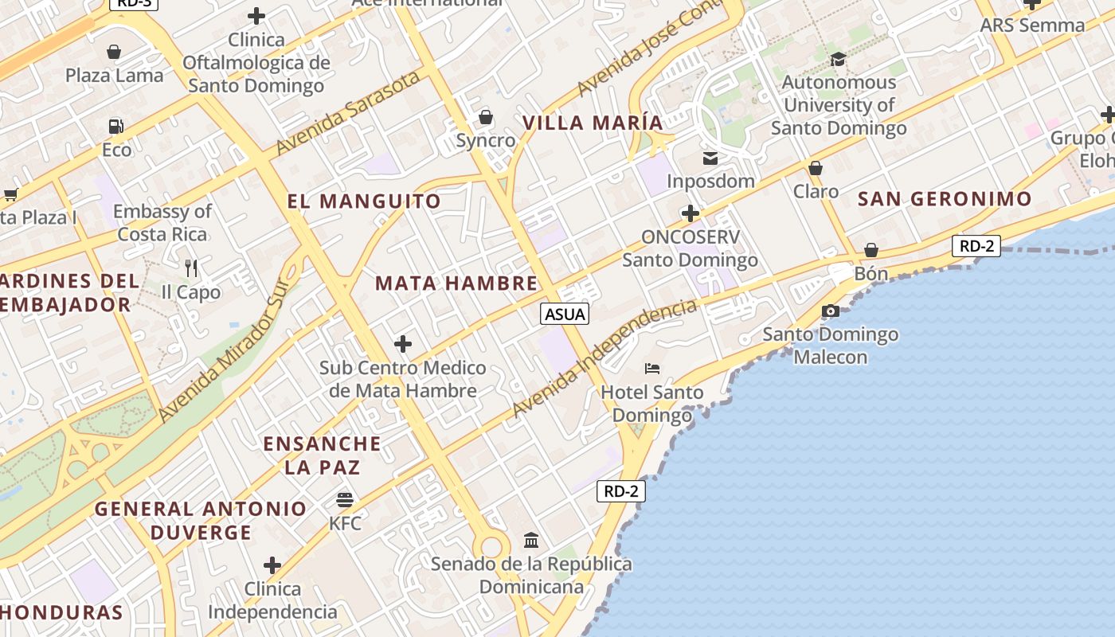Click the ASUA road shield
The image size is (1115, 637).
click(x=565, y=314)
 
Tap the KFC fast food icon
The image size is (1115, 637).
click(x=345, y=500)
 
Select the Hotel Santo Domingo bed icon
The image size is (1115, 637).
click(x=652, y=368)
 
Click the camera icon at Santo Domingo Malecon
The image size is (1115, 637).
click(x=831, y=311)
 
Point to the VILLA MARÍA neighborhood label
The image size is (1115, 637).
click(x=593, y=123)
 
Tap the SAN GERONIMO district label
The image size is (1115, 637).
click(x=945, y=199)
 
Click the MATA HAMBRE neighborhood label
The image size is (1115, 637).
click(x=456, y=283)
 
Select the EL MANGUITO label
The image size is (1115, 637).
click(x=364, y=201)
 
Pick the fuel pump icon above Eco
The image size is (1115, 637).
click(x=116, y=126)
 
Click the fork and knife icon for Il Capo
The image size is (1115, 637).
click(x=190, y=268)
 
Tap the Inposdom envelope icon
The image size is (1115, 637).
click(x=710, y=158)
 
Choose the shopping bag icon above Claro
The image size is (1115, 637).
click(x=815, y=168)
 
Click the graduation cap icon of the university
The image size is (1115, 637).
click(x=838, y=59)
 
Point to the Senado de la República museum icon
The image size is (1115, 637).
click(x=531, y=541)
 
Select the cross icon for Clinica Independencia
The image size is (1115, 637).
click(x=272, y=565)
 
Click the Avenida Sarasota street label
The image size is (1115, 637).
click(x=348, y=113)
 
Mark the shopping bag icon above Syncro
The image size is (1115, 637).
click(x=486, y=117)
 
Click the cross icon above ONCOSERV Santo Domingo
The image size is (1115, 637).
click(x=691, y=213)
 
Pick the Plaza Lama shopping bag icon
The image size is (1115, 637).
click(x=114, y=52)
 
